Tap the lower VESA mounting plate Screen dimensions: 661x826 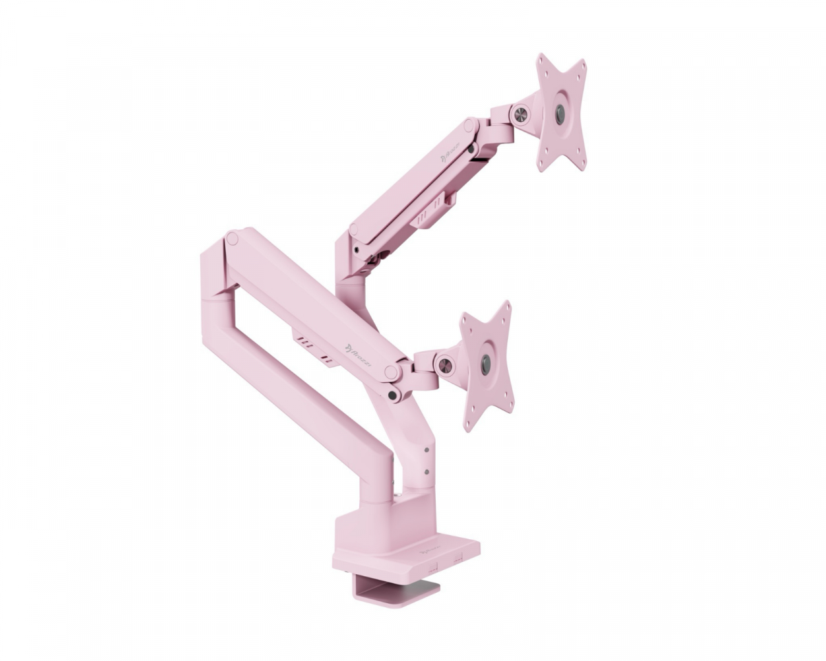pyautogui.click(x=487, y=365)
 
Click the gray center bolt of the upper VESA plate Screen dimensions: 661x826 pyautogui.click(x=560, y=113)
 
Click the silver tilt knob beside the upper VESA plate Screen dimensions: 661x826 pyautogui.click(x=521, y=112)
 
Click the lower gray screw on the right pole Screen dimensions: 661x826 pyautogui.click(x=427, y=473)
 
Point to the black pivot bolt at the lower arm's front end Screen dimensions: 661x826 pyautogui.click(x=393, y=395)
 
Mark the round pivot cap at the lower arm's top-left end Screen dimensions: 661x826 pyautogui.click(x=232, y=239)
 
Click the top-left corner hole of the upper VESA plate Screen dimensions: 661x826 pyautogui.click(x=543, y=61)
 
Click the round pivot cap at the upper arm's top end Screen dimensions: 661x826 pyautogui.click(x=469, y=125)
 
